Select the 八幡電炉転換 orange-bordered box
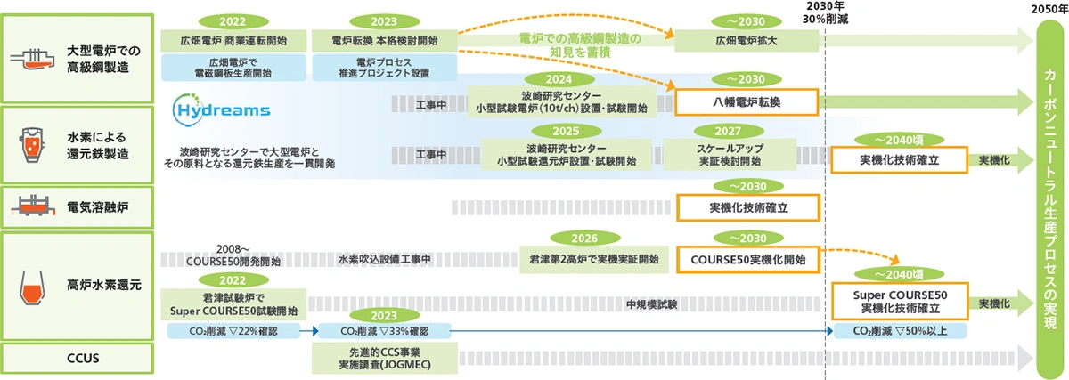(x=747, y=103)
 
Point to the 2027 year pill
(x=730, y=130)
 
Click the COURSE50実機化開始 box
(x=747, y=259)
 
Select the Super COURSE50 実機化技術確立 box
(x=899, y=301)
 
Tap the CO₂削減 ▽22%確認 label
(x=235, y=331)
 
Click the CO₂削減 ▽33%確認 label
(x=384, y=331)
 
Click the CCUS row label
(x=81, y=359)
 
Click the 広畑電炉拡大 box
(x=747, y=40)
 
